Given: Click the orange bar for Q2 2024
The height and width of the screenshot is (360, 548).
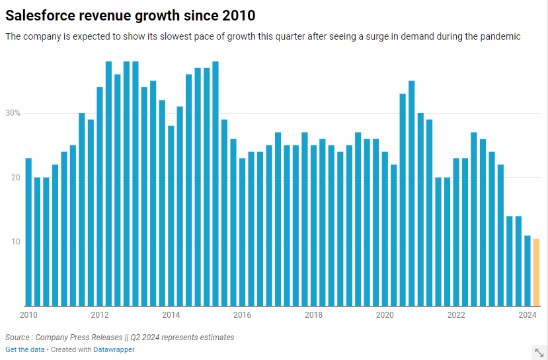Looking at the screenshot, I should tap(537, 272).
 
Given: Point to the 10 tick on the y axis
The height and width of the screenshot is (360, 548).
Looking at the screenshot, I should tap(14, 242).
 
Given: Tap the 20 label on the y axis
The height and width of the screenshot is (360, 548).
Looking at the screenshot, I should tap(14, 178).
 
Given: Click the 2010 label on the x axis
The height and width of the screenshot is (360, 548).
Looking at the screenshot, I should tap(28, 315).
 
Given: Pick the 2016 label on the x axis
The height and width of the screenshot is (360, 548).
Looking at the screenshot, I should tap(242, 315).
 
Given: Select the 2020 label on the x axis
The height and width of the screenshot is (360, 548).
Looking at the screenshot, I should tap(385, 315).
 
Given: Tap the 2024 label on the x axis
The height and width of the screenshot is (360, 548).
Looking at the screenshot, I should tap(527, 315).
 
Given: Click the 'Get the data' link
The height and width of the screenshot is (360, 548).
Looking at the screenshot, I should tap(24, 349).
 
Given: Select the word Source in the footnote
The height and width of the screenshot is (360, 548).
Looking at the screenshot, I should tap(18, 338).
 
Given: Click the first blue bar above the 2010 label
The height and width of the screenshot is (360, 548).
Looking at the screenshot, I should tap(28, 232).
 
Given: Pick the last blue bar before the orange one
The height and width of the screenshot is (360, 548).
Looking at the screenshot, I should tap(528, 270).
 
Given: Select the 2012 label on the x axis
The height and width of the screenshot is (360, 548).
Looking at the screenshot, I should tap(100, 315).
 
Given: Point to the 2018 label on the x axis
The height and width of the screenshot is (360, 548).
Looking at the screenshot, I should tap(313, 315).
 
